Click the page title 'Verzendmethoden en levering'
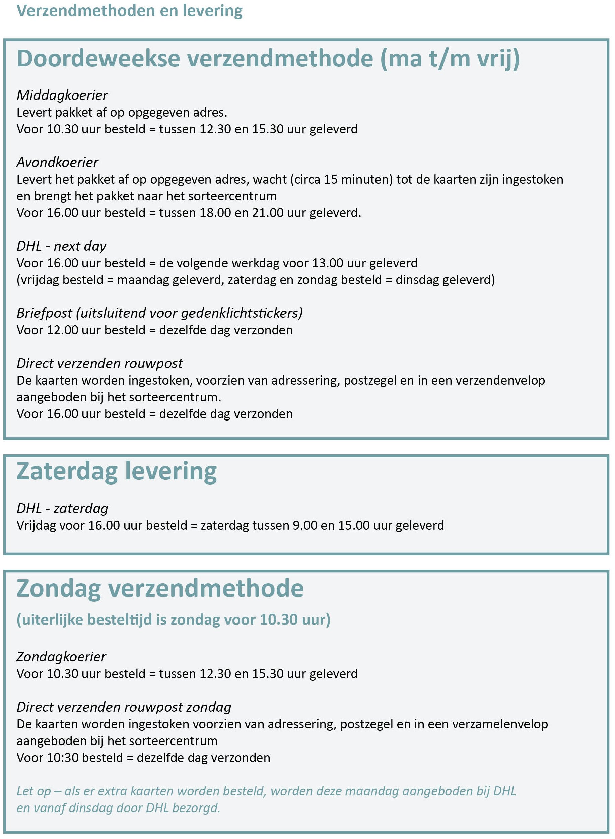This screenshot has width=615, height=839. click(x=129, y=11)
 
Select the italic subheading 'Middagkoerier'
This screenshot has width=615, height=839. click(x=62, y=95)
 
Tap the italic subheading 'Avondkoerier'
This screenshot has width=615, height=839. click(x=57, y=163)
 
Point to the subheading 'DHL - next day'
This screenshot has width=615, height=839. click(x=61, y=246)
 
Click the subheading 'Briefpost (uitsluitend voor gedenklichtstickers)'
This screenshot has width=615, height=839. click(x=159, y=313)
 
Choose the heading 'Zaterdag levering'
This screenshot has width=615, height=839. click(x=117, y=472)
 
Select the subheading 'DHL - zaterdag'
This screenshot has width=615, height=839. click(x=62, y=508)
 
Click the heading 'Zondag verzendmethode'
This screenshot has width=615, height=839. click(x=160, y=589)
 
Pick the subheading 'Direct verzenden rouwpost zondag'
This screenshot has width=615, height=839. click(x=124, y=707)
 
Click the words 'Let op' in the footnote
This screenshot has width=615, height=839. click(x=33, y=791)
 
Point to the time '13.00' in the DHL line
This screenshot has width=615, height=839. click(x=327, y=263)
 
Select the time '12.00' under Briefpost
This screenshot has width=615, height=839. click(x=63, y=330)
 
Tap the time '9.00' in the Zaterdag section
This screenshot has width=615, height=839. click(x=305, y=525)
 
